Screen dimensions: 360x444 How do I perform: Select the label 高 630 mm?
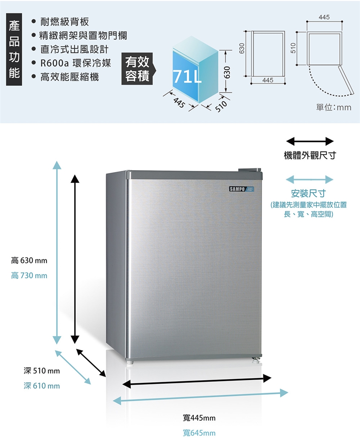click(29, 260)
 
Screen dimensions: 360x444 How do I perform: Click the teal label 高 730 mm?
click(29, 275)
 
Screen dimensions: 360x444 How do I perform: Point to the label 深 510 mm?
click(42, 371)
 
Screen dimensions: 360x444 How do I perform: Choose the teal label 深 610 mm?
click(42, 386)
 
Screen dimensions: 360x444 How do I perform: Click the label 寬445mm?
click(199, 418)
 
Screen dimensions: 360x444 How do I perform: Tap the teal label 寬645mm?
click(199, 433)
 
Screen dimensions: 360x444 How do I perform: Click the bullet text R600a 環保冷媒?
click(75, 63)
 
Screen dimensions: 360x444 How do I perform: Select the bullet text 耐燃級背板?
click(64, 21)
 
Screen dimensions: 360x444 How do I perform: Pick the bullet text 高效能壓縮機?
click(69, 77)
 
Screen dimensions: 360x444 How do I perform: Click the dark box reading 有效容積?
click(137, 69)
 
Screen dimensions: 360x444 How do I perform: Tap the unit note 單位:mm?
click(334, 107)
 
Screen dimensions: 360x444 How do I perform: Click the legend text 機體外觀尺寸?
click(310, 155)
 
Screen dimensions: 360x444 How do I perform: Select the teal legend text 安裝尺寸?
click(308, 194)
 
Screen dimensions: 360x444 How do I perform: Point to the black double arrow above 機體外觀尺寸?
click(310, 141)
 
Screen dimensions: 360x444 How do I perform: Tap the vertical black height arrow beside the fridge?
click(75, 259)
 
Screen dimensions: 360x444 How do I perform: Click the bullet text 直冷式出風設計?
click(74, 49)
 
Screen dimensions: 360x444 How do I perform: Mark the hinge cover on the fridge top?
click(249, 170)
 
